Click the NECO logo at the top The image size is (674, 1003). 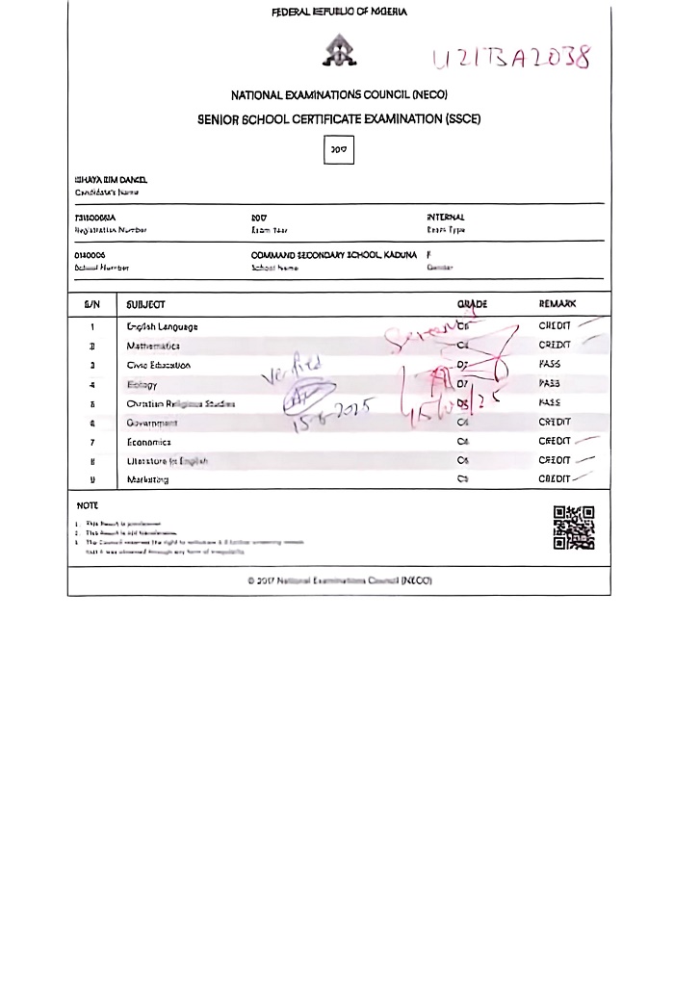coord(339,50)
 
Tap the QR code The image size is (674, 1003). coord(573,527)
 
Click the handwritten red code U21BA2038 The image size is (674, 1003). coord(511,57)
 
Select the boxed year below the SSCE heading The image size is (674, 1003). coord(339,150)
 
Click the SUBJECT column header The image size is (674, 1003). coord(146,304)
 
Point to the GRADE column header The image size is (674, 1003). coord(472,304)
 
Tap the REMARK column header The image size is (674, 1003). coord(557,304)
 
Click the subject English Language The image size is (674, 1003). coord(162,327)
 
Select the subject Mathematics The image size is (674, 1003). coord(153,346)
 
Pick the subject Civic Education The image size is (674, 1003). coord(159,365)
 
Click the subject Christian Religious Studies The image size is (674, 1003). coord(180,403)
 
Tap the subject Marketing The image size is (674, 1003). coord(147,479)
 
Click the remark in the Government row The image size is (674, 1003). coord(555,422)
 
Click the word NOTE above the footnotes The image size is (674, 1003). coord(88,505)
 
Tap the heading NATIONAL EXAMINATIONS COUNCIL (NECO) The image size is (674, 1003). coord(339,96)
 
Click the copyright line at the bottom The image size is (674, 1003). coord(339,580)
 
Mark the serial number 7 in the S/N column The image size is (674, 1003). coord(92,442)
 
